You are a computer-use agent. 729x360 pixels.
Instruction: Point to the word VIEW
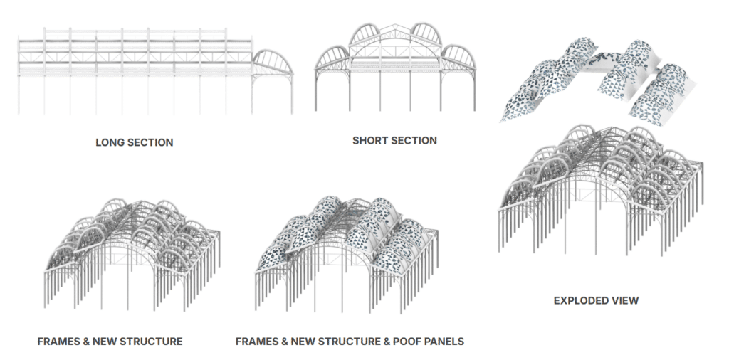point(624,300)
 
